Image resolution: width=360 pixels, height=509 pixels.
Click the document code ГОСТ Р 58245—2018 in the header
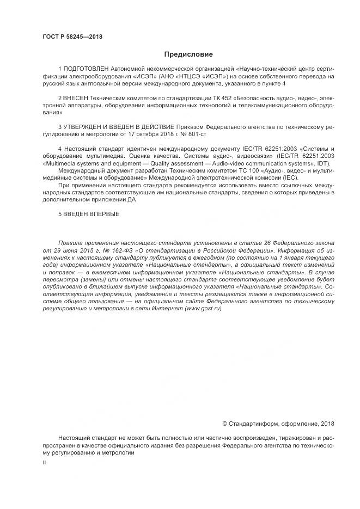(72, 36)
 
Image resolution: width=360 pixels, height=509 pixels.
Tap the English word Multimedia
(63, 163)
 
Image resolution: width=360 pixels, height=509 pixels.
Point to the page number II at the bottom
(44, 462)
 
